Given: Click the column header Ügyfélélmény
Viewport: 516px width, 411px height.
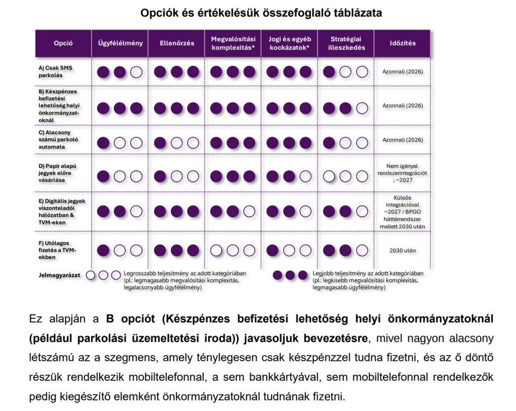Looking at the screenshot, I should (x=120, y=43).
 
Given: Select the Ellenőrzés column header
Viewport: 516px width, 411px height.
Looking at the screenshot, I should (x=176, y=43).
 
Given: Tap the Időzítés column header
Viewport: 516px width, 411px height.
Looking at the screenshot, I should (x=403, y=43).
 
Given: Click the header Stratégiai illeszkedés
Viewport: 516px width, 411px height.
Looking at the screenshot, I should (x=345, y=43).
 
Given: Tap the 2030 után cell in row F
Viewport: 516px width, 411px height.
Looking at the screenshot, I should (x=403, y=250).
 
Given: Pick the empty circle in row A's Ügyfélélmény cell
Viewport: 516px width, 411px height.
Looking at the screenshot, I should (x=136, y=72).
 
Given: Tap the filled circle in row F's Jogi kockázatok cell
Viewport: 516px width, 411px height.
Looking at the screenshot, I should (x=273, y=250).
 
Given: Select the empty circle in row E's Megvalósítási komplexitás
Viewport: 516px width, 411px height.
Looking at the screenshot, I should (x=249, y=211).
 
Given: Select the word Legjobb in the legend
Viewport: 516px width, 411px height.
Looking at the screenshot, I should (x=322, y=273).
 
